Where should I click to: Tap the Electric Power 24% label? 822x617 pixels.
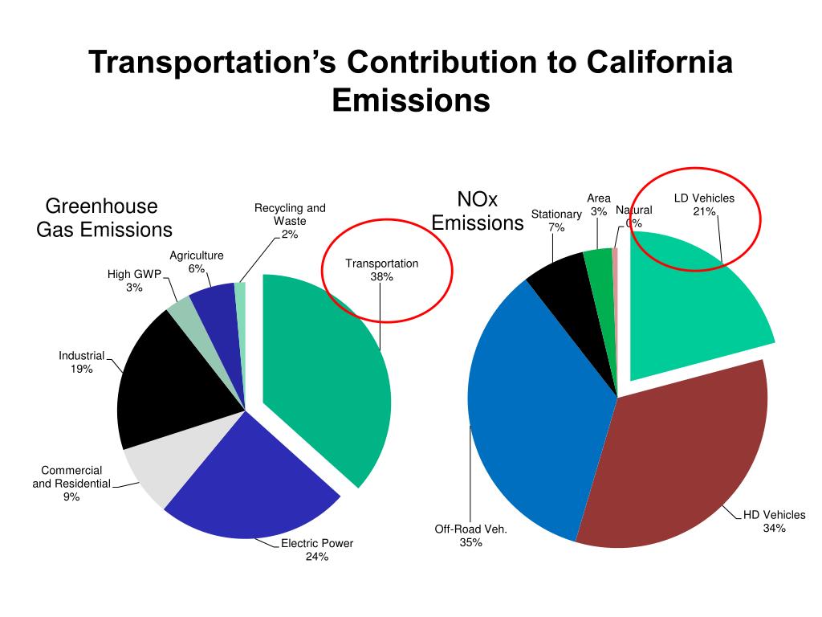(x=317, y=550)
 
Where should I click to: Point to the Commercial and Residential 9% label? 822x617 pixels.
(x=71, y=484)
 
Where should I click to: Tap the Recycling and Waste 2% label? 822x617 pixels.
(x=290, y=221)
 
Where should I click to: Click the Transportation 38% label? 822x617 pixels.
(x=382, y=270)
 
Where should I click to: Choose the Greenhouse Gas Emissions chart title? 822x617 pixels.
(x=104, y=218)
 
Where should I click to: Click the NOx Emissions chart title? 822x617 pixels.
(x=478, y=210)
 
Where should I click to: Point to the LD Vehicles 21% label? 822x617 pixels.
(x=704, y=204)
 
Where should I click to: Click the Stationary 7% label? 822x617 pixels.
(x=556, y=220)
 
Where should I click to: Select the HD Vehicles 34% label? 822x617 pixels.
(x=774, y=521)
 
